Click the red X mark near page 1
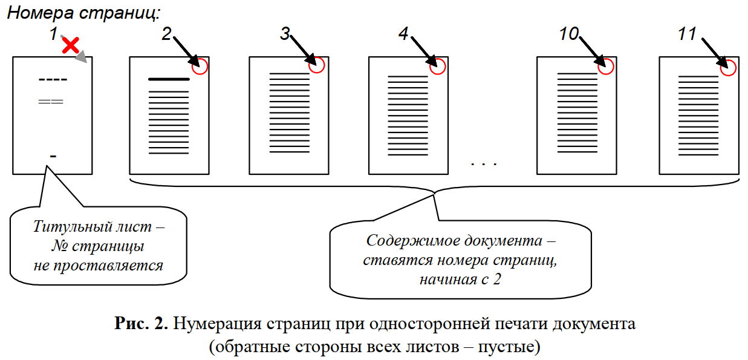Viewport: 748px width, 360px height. pos(71,45)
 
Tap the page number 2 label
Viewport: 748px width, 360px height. pos(167,34)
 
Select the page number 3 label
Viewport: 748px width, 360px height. pos(285,34)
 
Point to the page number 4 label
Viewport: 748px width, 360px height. pos(403,34)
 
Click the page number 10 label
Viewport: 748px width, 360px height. pos(569,34)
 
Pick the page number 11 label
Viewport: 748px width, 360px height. pos(687,34)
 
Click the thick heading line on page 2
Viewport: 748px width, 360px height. pos(169,79)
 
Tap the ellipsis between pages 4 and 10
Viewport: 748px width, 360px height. pos(484,164)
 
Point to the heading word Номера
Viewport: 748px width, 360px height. pos(40,13)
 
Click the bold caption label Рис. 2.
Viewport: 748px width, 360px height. pos(141,323)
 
